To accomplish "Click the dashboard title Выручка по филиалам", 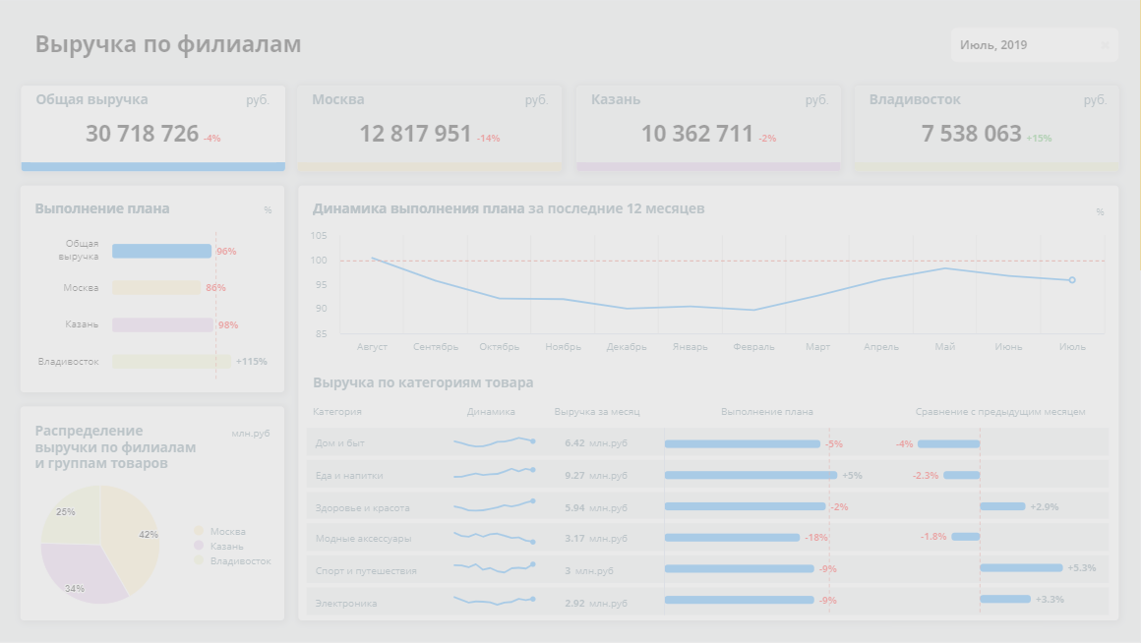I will coord(168,44).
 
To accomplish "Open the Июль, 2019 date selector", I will coord(1033,45).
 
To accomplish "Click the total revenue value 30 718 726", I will coord(143,134).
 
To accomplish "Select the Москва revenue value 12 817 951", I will coord(415,134).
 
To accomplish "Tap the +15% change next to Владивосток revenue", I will coord(1039,139).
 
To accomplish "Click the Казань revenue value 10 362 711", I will coord(697,134).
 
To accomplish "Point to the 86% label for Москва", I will coord(215,288).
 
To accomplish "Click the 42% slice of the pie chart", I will coord(132,532).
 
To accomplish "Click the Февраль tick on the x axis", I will coord(753,347).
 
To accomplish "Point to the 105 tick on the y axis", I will coord(318,236).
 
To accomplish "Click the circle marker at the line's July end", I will coord(1072,280).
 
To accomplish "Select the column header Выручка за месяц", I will coord(597,412).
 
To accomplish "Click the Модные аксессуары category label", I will coord(363,539).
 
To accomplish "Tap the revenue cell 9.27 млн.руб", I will coord(595,476).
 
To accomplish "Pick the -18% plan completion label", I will coord(815,538).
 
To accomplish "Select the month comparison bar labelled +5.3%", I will coord(1021,567).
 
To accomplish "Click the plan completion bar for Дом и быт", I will coord(742,444).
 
